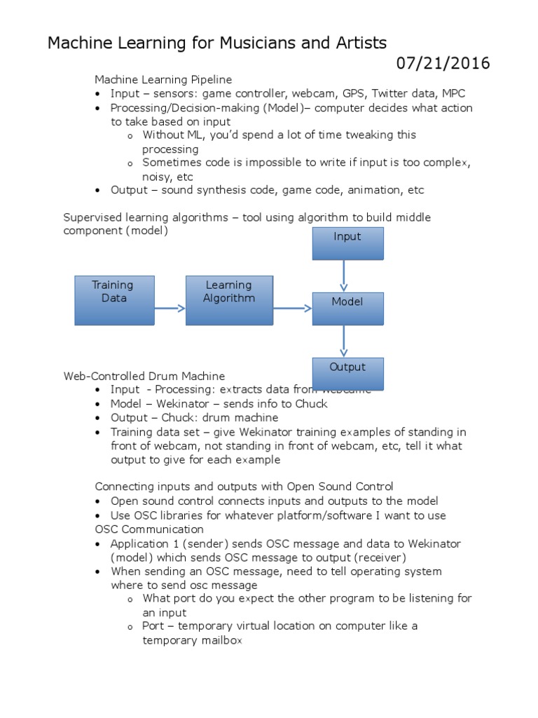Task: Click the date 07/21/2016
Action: [443, 64]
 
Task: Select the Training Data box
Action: [114, 300]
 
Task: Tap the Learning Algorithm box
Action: [228, 300]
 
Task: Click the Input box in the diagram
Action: [347, 243]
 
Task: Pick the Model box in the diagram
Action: [347, 309]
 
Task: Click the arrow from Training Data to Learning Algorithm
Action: [170, 308]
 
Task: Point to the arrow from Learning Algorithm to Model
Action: [292, 308]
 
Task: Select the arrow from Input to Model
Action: [343, 276]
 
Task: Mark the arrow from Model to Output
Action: [343, 341]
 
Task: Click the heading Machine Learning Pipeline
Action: [163, 79]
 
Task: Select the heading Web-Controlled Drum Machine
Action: [144, 376]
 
